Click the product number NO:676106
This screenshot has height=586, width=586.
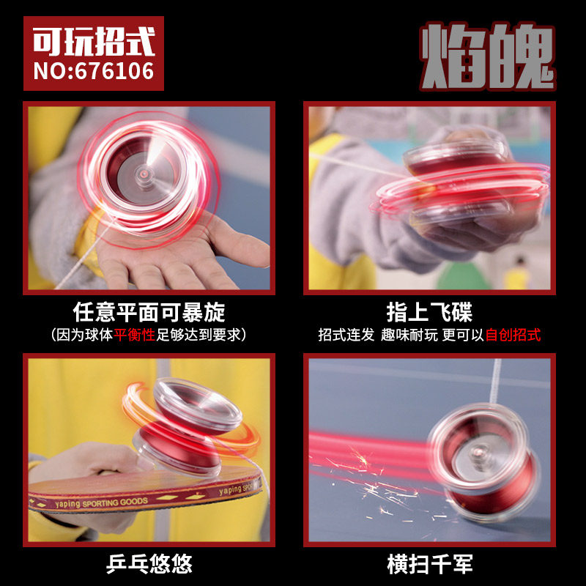click(x=94, y=71)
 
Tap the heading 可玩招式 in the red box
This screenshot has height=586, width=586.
click(x=94, y=41)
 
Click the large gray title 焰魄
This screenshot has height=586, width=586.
click(x=487, y=57)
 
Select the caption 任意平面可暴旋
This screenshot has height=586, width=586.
click(x=149, y=313)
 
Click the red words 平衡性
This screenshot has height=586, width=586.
click(x=134, y=335)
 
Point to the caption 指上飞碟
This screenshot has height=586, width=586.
click(x=429, y=313)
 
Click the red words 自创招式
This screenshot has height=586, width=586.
click(x=513, y=335)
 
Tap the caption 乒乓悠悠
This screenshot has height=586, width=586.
click(x=149, y=564)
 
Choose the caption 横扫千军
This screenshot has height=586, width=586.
click(x=430, y=564)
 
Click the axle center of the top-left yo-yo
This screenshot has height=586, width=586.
click(x=144, y=174)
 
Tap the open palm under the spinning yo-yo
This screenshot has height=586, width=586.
click(x=179, y=254)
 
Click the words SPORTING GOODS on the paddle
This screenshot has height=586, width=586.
click(x=115, y=502)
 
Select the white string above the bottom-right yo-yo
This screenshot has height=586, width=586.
click(x=495, y=381)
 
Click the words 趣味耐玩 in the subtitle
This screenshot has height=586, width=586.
click(x=409, y=335)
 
